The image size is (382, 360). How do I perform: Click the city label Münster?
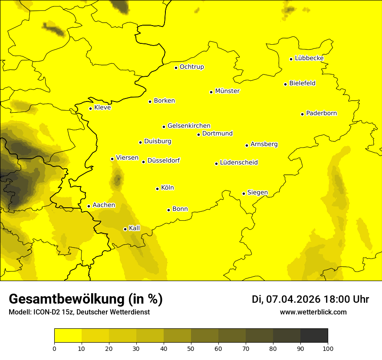[x=227, y=91]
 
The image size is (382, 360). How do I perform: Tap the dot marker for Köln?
[x=158, y=189]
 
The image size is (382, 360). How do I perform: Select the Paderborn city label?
[x=321, y=113]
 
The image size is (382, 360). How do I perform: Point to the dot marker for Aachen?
[x=89, y=206]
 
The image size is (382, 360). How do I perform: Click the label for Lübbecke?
[x=309, y=58]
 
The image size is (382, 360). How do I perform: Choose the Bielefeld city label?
[x=302, y=83]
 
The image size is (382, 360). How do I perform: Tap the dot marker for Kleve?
[x=91, y=108]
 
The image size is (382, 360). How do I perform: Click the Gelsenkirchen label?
[x=189, y=126]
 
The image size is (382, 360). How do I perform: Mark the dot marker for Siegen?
[x=244, y=193]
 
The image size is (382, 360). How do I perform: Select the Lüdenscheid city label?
[x=239, y=163]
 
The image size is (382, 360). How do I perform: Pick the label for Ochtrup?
[x=191, y=67]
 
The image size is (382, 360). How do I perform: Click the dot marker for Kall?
[x=125, y=229]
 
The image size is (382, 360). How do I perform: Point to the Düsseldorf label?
[x=163, y=160]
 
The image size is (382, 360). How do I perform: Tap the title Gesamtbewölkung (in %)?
[x=86, y=299]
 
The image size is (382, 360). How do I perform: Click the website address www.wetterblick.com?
[x=313, y=312]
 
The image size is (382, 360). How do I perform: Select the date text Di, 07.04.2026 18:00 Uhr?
[x=310, y=299]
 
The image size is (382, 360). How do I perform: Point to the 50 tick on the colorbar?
[x=191, y=348]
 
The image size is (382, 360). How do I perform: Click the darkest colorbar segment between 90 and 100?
[x=314, y=335]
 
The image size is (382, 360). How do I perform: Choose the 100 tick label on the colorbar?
[x=328, y=348]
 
